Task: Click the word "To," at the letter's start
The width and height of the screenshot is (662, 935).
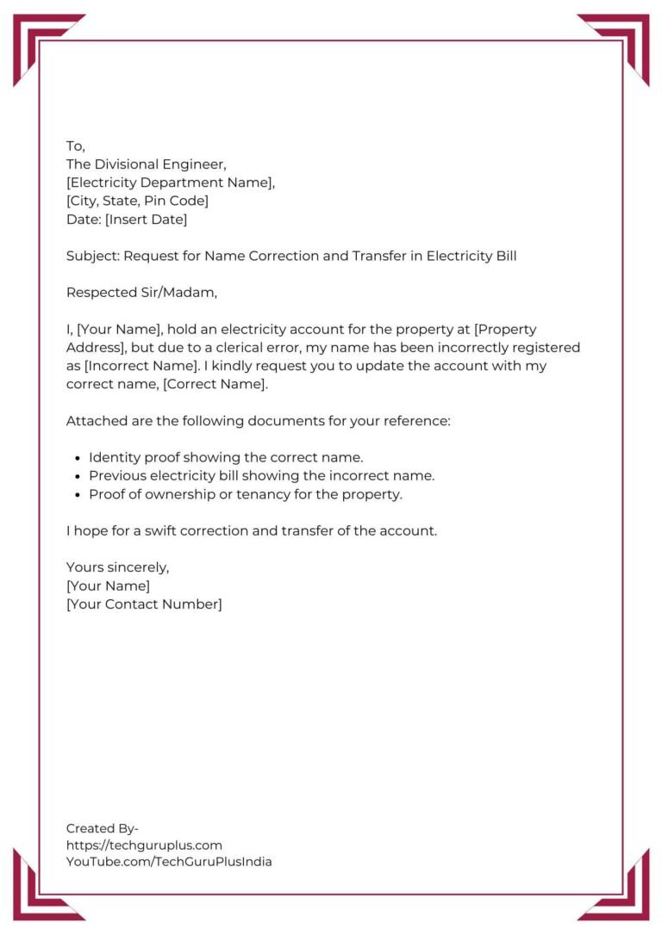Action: click(x=76, y=146)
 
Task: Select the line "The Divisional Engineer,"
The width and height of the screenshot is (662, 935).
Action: click(x=147, y=164)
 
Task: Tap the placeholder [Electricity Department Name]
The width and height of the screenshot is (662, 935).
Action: click(x=170, y=183)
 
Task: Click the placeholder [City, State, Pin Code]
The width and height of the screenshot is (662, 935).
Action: click(x=137, y=201)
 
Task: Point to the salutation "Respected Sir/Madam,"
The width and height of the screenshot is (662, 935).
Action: click(x=142, y=293)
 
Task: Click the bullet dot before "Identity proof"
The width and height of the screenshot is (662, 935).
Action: click(x=78, y=458)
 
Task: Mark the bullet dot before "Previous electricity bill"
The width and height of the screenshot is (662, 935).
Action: click(x=78, y=476)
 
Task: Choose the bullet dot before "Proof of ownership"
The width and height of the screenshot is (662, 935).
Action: click(x=78, y=495)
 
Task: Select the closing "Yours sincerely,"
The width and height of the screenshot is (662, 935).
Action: click(x=118, y=567)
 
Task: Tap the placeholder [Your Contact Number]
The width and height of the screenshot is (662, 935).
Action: click(x=144, y=604)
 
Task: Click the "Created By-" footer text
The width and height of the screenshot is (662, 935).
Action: click(x=103, y=828)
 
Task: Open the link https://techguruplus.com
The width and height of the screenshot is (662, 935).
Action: click(x=144, y=845)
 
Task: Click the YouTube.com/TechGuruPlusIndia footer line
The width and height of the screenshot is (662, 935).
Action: click(x=169, y=862)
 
